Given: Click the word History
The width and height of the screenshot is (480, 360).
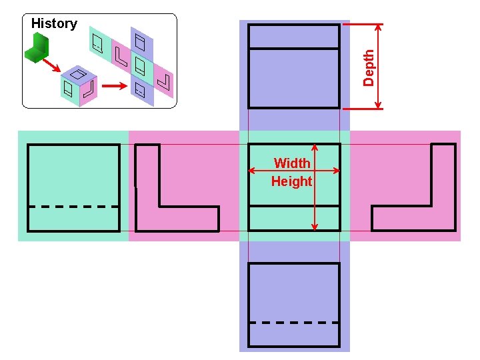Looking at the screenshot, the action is (54, 23).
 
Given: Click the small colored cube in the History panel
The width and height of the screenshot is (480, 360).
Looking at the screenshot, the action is (79, 85).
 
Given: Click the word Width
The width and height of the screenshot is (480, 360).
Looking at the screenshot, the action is (292, 163).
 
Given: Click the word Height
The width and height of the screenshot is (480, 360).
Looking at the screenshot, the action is (291, 181).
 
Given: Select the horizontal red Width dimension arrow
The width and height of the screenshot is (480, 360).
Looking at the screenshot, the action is (267, 171).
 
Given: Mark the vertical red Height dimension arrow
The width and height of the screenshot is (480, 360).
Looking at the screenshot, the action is (315, 200).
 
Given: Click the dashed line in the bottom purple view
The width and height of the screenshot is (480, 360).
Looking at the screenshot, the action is (294, 323).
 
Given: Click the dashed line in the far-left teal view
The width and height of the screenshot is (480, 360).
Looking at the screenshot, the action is (74, 207).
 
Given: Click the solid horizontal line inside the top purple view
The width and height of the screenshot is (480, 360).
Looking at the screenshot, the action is (294, 49).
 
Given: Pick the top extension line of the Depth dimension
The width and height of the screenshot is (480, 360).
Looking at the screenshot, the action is (363, 25).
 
